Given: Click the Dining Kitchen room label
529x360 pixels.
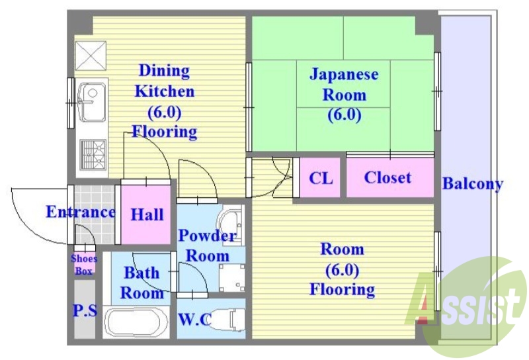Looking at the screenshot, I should pos(163,101).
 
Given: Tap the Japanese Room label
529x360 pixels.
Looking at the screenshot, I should pos(344,94).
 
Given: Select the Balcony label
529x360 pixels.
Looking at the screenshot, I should pos(472,184).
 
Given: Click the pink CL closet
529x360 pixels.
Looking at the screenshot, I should pos(321,178).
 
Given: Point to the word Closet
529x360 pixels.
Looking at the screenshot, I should pos(387,177).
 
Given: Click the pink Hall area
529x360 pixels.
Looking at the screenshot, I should pos(147,214).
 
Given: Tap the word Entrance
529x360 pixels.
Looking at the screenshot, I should pos(80,212).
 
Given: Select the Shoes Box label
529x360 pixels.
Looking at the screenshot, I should pos(84,265).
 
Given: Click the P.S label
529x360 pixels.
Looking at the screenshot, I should pos(84,310).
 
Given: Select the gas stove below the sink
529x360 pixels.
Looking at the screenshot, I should pos(93,155).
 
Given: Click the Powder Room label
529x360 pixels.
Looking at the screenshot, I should pos(207,245).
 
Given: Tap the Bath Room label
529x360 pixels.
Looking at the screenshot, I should pos(142,283).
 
